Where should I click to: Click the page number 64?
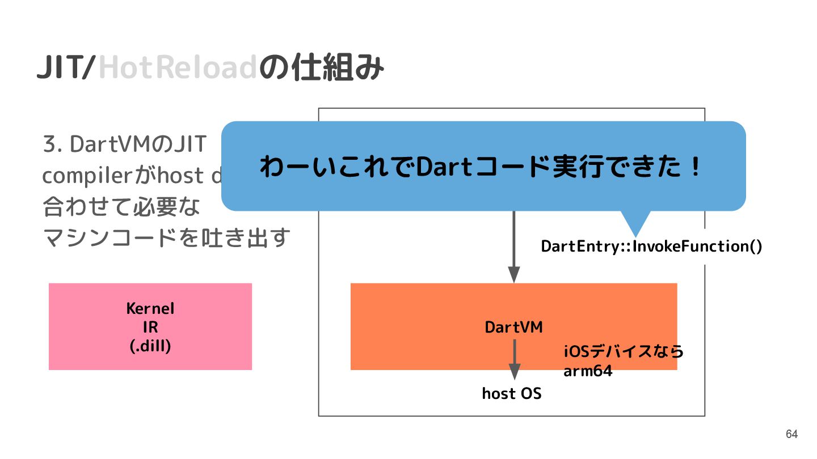pyautogui.click(x=791, y=435)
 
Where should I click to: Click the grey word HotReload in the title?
pyautogui.click(x=178, y=69)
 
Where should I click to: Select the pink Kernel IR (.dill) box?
pyautogui.click(x=150, y=326)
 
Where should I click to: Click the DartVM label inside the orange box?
pyautogui.click(x=513, y=328)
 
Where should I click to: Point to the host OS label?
pyautogui.click(x=512, y=393)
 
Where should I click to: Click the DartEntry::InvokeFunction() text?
pyautogui.click(x=651, y=246)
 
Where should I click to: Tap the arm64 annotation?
pyautogui.click(x=588, y=372)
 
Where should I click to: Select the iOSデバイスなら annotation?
pyautogui.click(x=623, y=352)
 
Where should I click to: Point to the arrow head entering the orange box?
pyautogui.click(x=514, y=275)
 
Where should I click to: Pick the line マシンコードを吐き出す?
pyautogui.click(x=167, y=238)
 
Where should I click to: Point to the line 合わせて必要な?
pyautogui.click(x=122, y=207)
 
